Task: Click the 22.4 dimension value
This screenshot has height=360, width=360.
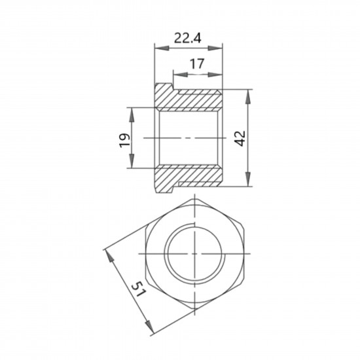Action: tap(188, 38)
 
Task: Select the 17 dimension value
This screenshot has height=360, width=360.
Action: tap(197, 64)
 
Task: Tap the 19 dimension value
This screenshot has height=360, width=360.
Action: tap(124, 140)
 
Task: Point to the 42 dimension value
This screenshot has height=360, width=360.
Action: tap(241, 139)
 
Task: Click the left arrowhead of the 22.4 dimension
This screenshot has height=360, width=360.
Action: tap(162, 48)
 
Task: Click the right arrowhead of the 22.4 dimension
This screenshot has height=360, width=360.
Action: tap(215, 48)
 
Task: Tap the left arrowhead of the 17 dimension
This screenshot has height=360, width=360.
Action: tap(181, 75)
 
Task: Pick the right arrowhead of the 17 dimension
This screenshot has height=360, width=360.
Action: tap(215, 75)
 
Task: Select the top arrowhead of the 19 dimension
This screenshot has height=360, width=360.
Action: tap(132, 115)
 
